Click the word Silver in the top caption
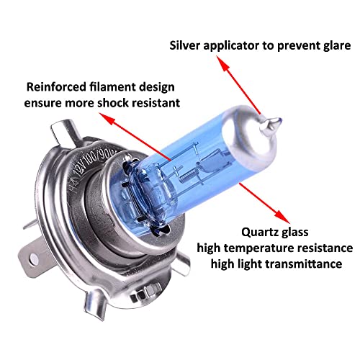click(x=184, y=45)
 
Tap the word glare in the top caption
click(x=337, y=46)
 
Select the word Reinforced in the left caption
click(x=56, y=86)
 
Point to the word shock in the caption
click(x=113, y=103)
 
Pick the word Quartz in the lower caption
click(x=258, y=233)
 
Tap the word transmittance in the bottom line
click(x=304, y=264)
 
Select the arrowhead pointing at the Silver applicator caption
click(x=222, y=63)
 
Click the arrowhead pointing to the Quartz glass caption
click(x=283, y=217)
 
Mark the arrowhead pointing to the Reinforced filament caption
click(x=107, y=118)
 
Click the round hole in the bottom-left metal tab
click(x=35, y=258)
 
